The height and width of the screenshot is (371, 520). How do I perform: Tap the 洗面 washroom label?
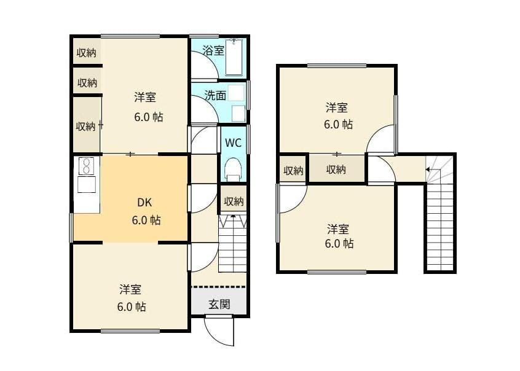[x=215, y=95]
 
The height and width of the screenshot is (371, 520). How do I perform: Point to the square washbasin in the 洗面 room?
[x=238, y=113]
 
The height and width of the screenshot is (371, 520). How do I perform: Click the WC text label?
[x=232, y=143]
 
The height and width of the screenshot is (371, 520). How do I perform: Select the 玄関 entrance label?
[x=219, y=304]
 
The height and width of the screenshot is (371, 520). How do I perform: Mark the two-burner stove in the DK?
[x=87, y=166]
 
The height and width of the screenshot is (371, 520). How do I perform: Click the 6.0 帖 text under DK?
[x=146, y=220]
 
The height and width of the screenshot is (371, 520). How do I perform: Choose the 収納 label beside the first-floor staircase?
[x=233, y=201]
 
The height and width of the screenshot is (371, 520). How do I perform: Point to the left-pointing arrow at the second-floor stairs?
[x=429, y=168]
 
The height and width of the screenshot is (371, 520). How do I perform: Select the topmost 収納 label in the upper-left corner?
[x=86, y=53]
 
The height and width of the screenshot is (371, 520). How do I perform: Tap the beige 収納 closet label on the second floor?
[x=336, y=169]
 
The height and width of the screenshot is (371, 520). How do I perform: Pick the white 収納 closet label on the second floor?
[x=293, y=171]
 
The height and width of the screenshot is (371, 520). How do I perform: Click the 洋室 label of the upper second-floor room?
[x=336, y=108]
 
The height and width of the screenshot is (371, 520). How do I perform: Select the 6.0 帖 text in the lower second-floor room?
[x=339, y=243]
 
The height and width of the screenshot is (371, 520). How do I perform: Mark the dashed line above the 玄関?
[x=218, y=287]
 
